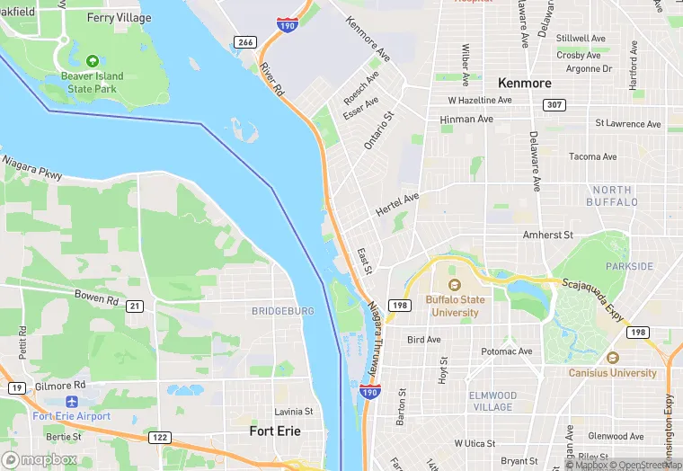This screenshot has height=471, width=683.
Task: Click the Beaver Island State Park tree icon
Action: pyautogui.click(x=92, y=61)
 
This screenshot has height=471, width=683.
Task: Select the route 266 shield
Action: pyautogui.click(x=244, y=42)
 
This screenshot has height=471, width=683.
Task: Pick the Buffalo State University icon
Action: pyautogui.click(x=453, y=286)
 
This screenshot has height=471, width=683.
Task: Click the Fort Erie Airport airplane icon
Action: pyautogui.click(x=71, y=402)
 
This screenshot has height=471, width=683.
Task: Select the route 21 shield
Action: pyautogui.click(x=135, y=307)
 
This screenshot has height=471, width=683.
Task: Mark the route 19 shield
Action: pyautogui.click(x=16, y=387)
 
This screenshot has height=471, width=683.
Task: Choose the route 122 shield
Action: pyautogui.click(x=160, y=437)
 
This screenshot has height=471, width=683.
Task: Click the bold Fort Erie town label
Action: pyautogui.click(x=274, y=431)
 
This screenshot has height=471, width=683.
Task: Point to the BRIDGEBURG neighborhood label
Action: pyautogui.click(x=282, y=311)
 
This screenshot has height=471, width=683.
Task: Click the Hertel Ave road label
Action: pyautogui.click(x=398, y=199)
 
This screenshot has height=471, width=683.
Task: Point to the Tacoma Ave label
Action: pyautogui.click(x=592, y=156)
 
